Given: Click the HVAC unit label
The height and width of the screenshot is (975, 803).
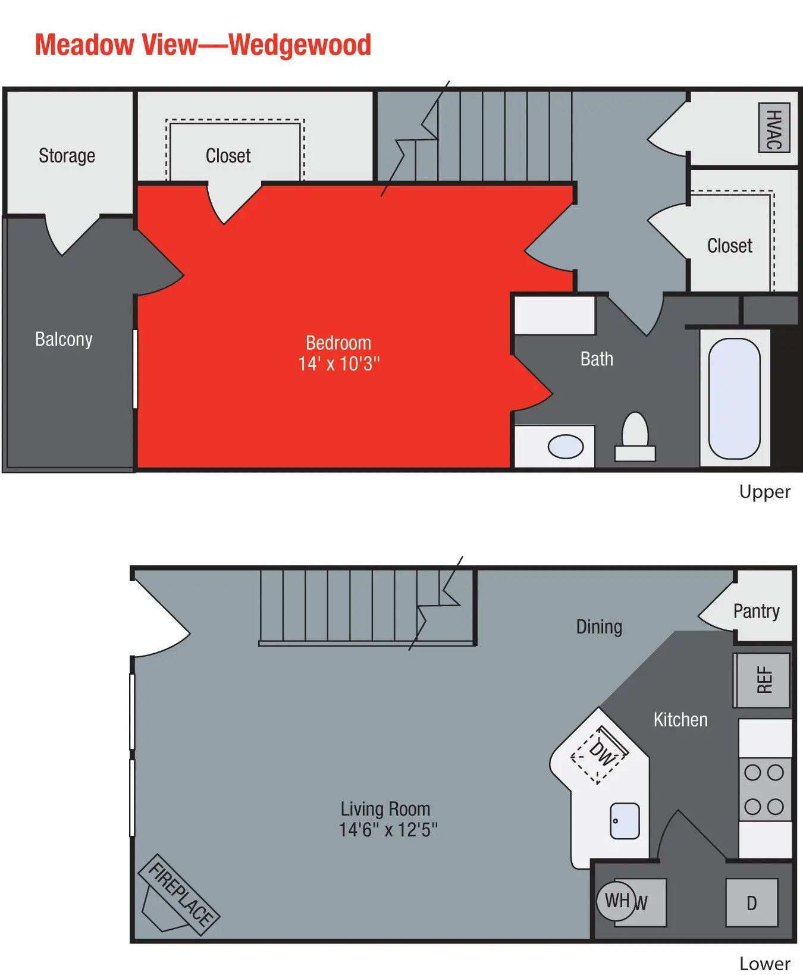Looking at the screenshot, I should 774,128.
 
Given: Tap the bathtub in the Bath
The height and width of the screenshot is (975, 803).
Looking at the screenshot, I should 735,399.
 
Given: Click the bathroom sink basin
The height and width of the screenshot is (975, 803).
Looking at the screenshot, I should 565,447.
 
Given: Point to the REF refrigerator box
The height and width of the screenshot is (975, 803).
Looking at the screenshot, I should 764,680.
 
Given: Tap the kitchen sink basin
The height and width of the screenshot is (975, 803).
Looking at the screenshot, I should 625,821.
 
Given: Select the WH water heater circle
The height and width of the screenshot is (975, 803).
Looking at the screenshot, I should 616,901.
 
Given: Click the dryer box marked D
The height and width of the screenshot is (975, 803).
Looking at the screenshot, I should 752,903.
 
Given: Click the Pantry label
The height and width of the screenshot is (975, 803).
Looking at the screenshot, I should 756,611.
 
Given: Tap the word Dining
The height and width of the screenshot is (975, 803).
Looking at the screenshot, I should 599,626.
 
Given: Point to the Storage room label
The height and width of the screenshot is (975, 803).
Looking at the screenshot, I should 67,156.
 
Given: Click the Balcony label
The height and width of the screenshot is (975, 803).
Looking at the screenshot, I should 64,339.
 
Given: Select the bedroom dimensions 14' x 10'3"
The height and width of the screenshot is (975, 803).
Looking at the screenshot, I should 338,363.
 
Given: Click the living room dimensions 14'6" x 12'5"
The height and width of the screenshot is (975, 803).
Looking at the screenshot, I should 388,829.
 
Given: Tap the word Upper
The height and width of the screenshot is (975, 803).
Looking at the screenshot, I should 764,492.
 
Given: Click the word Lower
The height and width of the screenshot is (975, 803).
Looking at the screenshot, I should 764,963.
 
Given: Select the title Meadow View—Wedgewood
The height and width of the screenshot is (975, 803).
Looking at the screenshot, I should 203,45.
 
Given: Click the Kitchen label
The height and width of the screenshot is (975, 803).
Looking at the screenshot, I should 680,720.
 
